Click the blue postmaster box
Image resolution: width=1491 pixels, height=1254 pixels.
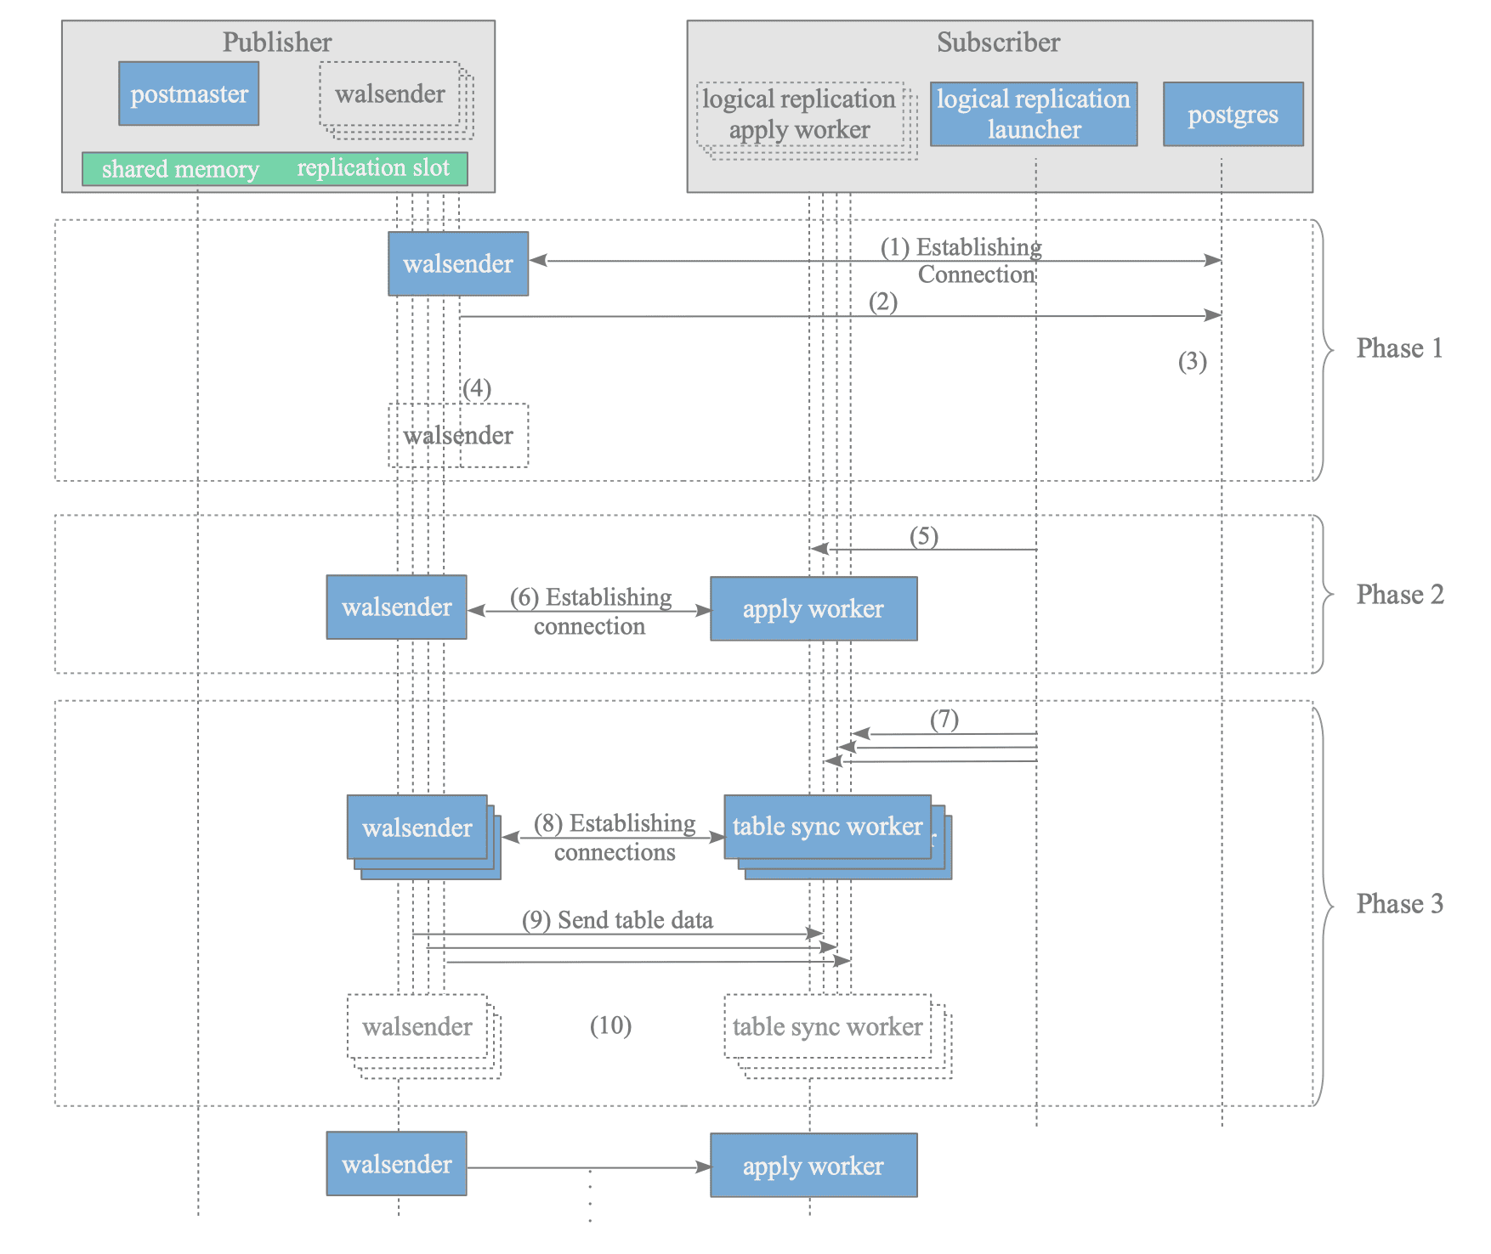coord(189,93)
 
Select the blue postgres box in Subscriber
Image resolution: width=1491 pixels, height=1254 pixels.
coord(1233,114)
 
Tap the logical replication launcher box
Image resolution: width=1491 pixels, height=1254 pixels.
coord(1034,114)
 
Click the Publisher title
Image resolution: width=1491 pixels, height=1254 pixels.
coord(277,42)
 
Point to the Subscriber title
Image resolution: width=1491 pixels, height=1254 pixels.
coord(999,42)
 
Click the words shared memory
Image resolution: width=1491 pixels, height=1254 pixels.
coord(180,169)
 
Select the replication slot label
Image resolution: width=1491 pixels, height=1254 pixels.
coord(373,168)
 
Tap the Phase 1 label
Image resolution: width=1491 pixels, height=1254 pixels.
coord(1399,348)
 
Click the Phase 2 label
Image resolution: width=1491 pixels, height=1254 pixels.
coord(1400,595)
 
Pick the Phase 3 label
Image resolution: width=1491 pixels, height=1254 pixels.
coord(1400,903)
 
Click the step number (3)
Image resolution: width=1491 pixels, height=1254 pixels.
coord(1193,362)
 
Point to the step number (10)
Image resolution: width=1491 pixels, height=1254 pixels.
coord(610,1026)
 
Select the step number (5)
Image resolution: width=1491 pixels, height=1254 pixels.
coord(924,537)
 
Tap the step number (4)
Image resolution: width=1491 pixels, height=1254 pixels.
coord(477,389)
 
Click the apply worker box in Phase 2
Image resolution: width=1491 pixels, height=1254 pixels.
coord(814,609)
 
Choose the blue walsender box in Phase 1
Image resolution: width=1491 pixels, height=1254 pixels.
coord(458,264)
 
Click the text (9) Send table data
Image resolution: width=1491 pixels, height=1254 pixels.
coord(617,920)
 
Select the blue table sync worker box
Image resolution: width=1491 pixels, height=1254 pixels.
coord(828,827)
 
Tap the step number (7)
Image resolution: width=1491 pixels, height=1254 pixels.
coord(944,720)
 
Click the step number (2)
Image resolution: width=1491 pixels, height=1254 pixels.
coord(883,302)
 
